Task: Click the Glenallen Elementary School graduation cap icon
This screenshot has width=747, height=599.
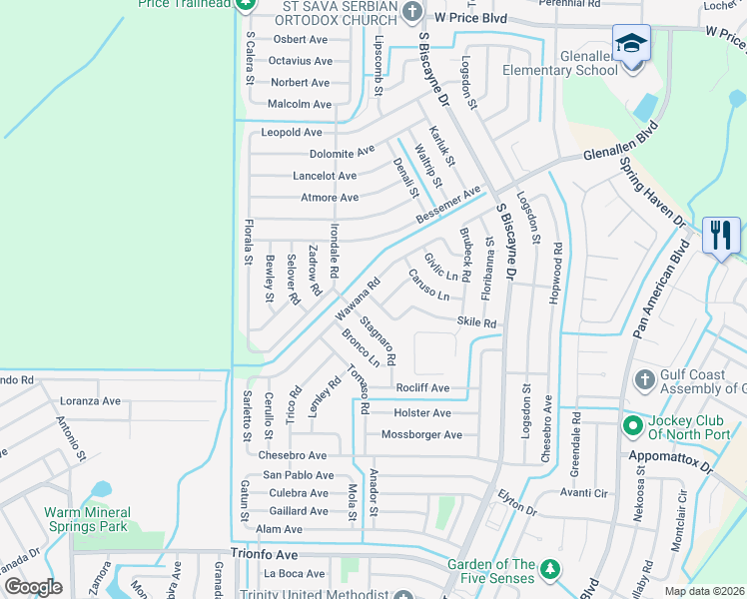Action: (630, 43)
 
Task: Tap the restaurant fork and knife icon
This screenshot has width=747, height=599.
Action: (720, 236)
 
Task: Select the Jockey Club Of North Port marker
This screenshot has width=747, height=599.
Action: (631, 426)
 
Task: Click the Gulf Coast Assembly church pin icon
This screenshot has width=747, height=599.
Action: (645, 380)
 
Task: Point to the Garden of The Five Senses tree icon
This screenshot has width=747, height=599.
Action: (548, 569)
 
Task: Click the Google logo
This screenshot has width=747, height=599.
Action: (33, 587)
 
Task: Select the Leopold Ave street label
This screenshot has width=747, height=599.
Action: (292, 132)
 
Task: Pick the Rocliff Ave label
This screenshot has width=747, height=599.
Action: (422, 388)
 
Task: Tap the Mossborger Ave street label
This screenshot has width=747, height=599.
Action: (421, 435)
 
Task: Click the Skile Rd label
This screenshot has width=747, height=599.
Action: (476, 322)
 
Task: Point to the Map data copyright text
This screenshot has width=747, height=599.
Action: (703, 591)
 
